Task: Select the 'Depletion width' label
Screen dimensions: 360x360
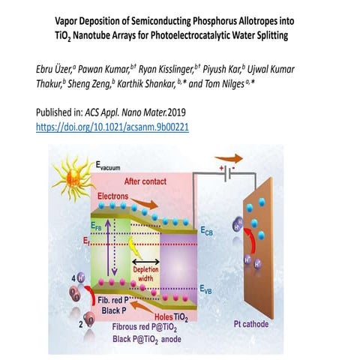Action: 146,272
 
